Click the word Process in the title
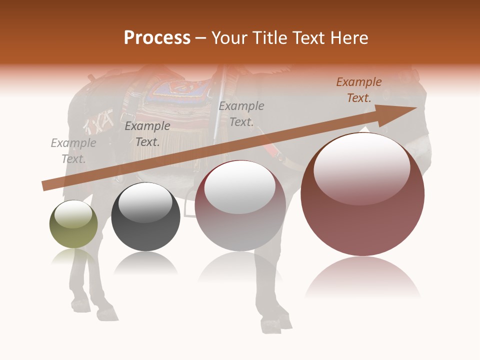coord(157,38)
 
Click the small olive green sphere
coord(73,224)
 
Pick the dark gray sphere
coord(145,217)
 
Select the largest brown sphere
coord(362,195)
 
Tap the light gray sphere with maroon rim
coord(240,206)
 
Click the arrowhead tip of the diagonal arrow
coord(415,108)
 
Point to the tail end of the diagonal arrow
coord(44,186)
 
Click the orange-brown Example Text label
coord(358,90)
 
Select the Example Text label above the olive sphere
coord(73,151)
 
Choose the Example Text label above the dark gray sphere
coord(147,134)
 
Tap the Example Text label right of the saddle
coord(241,114)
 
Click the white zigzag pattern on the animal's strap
coord(100,120)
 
